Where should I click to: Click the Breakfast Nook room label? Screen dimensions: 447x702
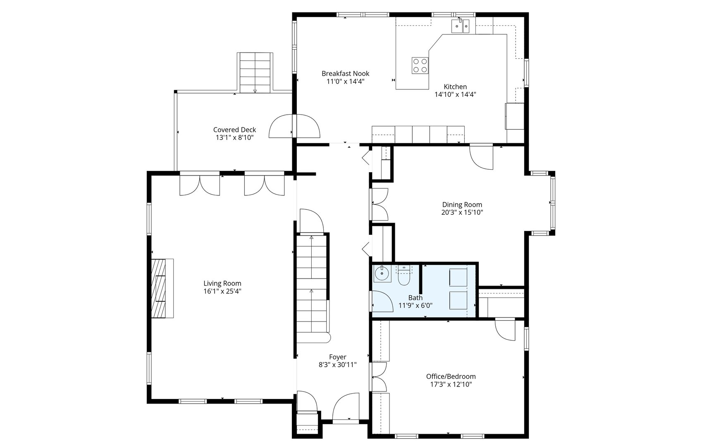point(345,74)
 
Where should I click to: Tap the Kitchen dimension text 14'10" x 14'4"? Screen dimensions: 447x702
point(455,94)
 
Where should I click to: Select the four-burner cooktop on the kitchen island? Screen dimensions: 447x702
point(420,65)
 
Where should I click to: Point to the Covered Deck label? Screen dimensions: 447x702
point(234,130)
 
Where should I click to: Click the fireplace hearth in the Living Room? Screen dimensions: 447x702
point(162,288)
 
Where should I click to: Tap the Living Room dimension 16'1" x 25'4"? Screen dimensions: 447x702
point(222,291)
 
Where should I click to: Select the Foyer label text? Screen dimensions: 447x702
point(337,357)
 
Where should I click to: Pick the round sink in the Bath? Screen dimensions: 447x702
point(382,274)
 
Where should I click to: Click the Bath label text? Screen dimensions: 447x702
point(415,298)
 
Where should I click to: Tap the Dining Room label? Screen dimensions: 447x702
point(462,204)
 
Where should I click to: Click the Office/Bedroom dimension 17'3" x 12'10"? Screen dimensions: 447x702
point(451,384)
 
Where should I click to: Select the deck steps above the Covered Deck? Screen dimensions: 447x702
point(255,73)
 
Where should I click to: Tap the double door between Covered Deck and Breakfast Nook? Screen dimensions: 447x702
point(294,126)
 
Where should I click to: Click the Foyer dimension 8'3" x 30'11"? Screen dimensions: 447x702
point(337,365)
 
